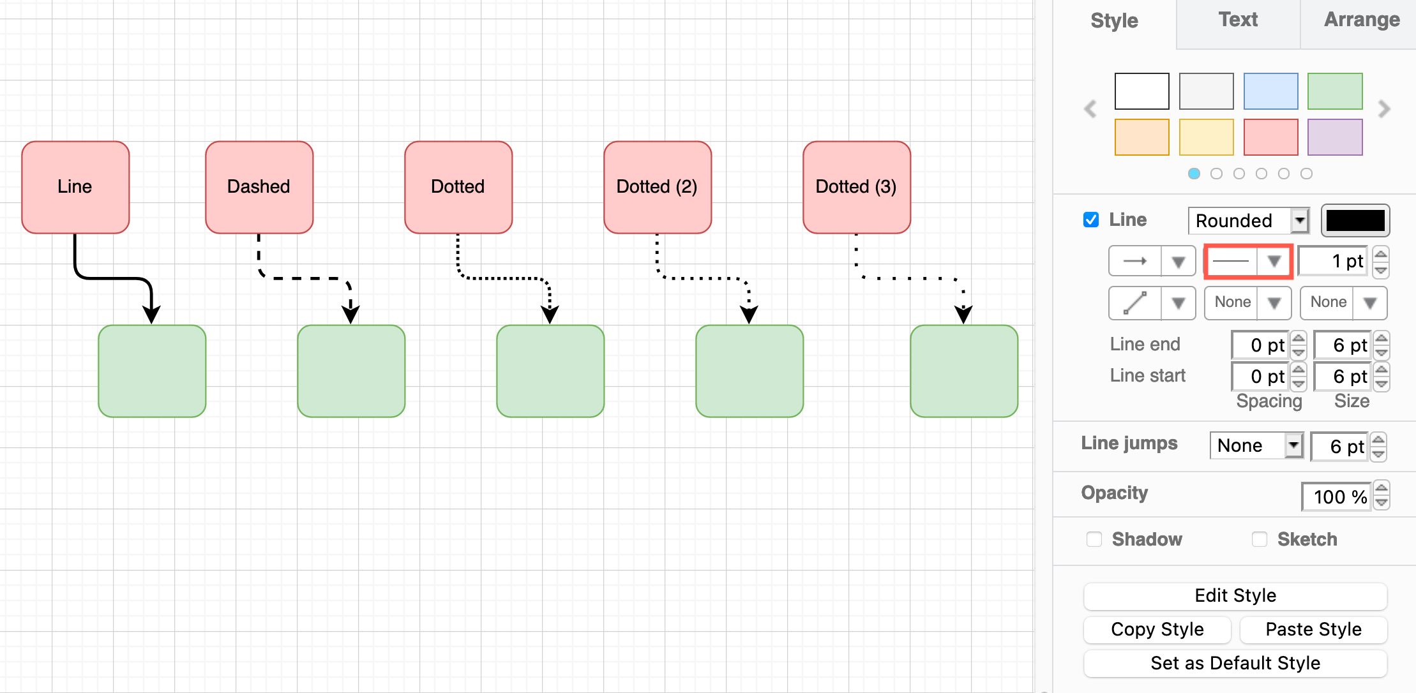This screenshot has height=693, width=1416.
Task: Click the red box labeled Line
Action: click(75, 187)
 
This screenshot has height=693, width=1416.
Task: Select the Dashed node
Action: click(259, 187)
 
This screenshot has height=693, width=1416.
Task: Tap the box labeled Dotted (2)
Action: click(658, 187)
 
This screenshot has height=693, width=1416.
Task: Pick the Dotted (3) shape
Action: click(857, 187)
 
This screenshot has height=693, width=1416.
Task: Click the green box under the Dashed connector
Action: click(351, 371)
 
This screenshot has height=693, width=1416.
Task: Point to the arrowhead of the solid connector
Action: click(151, 314)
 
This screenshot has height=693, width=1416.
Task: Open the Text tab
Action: click(1238, 20)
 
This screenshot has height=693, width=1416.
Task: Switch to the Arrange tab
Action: click(1362, 20)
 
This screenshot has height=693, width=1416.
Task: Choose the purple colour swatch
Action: click(1335, 137)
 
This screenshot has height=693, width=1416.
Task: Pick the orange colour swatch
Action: click(1141, 137)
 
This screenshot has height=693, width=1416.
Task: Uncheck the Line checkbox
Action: click(1091, 220)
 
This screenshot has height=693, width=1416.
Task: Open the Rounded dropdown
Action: click(1248, 221)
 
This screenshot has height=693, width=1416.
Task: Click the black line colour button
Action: click(1355, 221)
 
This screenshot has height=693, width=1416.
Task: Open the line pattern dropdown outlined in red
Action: click(1248, 261)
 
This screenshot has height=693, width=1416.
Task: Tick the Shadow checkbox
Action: click(1094, 539)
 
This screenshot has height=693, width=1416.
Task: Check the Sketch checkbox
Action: click(1260, 539)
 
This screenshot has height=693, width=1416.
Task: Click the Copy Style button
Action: click(1157, 629)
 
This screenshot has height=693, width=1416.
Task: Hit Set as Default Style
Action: click(1235, 663)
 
